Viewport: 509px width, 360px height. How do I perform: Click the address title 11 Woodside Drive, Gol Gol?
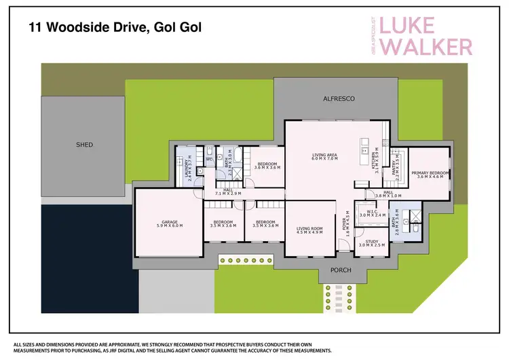115,28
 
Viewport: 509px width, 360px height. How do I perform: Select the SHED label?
84,145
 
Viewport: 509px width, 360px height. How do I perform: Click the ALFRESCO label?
339,99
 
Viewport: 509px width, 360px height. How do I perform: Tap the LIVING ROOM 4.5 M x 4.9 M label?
309,230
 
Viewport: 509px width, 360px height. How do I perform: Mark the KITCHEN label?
375,160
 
